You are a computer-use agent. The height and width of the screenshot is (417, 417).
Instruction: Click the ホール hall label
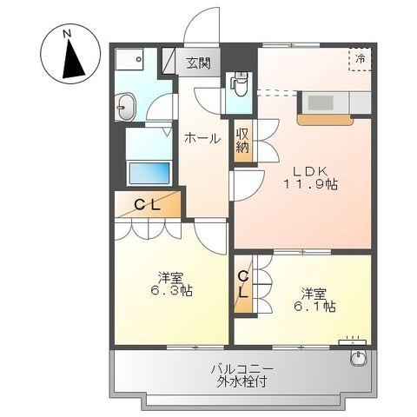(x=201, y=137)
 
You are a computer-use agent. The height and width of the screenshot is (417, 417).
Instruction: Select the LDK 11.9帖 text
(x=308, y=176)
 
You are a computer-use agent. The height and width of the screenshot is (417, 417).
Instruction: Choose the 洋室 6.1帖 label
(x=318, y=299)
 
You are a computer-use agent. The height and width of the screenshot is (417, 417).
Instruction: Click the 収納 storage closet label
(x=242, y=139)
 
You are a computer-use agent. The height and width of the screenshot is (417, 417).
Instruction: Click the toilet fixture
(x=240, y=85)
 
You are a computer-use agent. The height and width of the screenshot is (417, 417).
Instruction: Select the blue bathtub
(x=149, y=172)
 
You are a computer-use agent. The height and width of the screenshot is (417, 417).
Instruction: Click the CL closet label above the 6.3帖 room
(x=149, y=205)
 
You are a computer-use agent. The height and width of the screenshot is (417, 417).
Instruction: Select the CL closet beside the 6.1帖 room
(x=244, y=285)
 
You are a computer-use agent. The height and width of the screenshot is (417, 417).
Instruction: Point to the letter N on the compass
(x=67, y=33)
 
